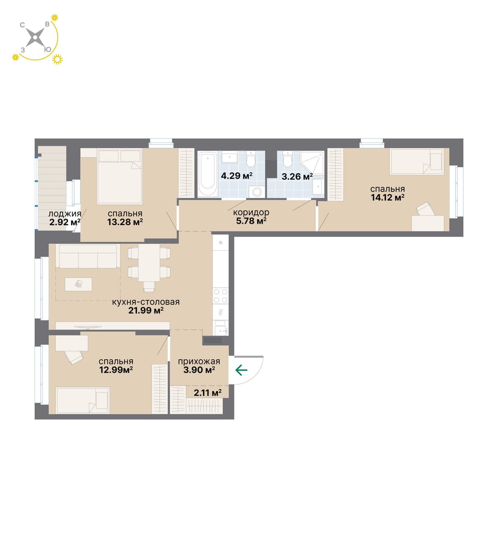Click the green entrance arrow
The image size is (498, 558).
241,370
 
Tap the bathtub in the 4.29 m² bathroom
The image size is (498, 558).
207,174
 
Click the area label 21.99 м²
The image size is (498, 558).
146,311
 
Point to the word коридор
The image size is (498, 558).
251,212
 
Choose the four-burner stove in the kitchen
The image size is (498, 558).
220,296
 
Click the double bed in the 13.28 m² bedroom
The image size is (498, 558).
119,176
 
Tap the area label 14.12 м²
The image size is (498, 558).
387,197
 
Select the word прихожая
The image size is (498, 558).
199,361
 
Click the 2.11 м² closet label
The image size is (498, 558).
207,392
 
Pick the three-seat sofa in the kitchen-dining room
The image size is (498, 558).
88,256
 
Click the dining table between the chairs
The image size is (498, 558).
149,262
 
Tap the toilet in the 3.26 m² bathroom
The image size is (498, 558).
287,160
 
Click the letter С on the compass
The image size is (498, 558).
22,25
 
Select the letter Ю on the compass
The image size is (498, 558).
47,50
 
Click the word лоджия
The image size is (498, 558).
65,214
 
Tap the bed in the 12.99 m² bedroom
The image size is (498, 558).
83,400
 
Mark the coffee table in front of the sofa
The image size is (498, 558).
78,284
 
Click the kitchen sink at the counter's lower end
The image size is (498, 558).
220,328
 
